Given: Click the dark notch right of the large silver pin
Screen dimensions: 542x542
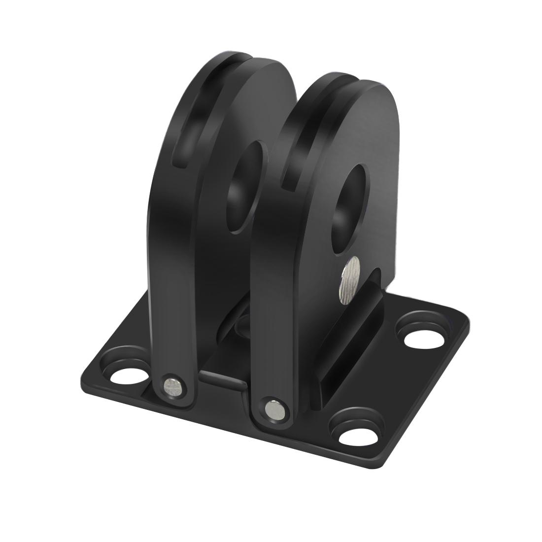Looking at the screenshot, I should point(376,281).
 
